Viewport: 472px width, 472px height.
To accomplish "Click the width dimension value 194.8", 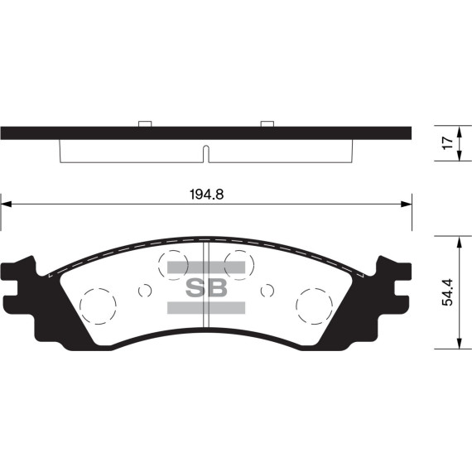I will pyautogui.click(x=208, y=195).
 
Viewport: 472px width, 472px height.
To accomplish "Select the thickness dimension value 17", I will pyautogui.click(x=447, y=142).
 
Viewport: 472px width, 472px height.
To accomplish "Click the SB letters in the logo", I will pyautogui.click(x=205, y=287).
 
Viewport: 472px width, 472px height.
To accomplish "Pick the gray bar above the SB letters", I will pyautogui.click(x=206, y=267).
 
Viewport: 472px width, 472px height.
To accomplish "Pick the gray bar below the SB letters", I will pyautogui.click(x=206, y=308).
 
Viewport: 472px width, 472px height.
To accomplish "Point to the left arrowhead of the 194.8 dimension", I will pyautogui.click(x=5, y=203).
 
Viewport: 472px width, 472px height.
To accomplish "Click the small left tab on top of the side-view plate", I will pyautogui.click(x=145, y=124).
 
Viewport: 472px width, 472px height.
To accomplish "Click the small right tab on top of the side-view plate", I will pyautogui.click(x=267, y=124).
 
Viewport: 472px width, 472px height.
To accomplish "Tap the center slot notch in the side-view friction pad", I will pyautogui.click(x=206, y=154).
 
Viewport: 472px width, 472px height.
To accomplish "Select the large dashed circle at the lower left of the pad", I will pyautogui.click(x=98, y=306).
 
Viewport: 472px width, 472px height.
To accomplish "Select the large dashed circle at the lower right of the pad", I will pyautogui.click(x=315, y=306).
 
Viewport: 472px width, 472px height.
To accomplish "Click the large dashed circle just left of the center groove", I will pyautogui.click(x=174, y=263).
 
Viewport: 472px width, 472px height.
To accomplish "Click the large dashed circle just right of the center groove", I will pyautogui.click(x=238, y=263).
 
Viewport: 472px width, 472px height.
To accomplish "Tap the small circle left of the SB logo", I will pyautogui.click(x=145, y=290).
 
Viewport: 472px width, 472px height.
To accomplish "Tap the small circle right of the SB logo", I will pyautogui.click(x=267, y=290).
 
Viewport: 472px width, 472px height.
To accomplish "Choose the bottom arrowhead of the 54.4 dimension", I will pyautogui.click(x=458, y=349).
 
